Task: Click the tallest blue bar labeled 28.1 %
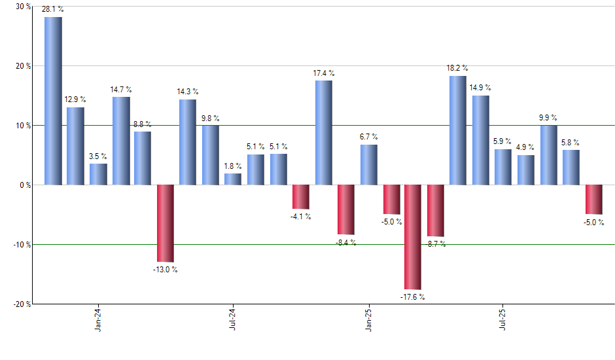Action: pyautogui.click(x=53, y=101)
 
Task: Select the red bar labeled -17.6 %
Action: pyautogui.click(x=413, y=237)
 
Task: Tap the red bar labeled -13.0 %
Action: pyautogui.click(x=166, y=223)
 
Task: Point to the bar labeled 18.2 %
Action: pyautogui.click(x=458, y=130)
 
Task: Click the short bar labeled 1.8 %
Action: pyautogui.click(x=233, y=179)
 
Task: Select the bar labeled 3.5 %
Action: pyautogui.click(x=98, y=174)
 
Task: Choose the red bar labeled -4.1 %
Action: pyautogui.click(x=300, y=196)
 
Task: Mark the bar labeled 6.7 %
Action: pyautogui.click(x=368, y=164)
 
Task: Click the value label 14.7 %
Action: pyautogui.click(x=120, y=89)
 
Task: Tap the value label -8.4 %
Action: pyautogui.click(x=345, y=242)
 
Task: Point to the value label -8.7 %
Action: pyautogui.click(x=436, y=244)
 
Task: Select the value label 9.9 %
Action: pyautogui.click(x=548, y=118)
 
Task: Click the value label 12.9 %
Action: pyautogui.click(x=75, y=99)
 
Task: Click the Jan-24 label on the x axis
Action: pyautogui.click(x=98, y=321)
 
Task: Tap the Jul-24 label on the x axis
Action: pyautogui.click(x=233, y=321)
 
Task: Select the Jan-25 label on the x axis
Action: pyautogui.click(x=368, y=321)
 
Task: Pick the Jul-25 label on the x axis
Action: pyautogui.click(x=503, y=321)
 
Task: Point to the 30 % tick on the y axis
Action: pyautogui.click(x=22, y=7)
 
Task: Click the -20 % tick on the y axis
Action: pyautogui.click(x=21, y=304)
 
